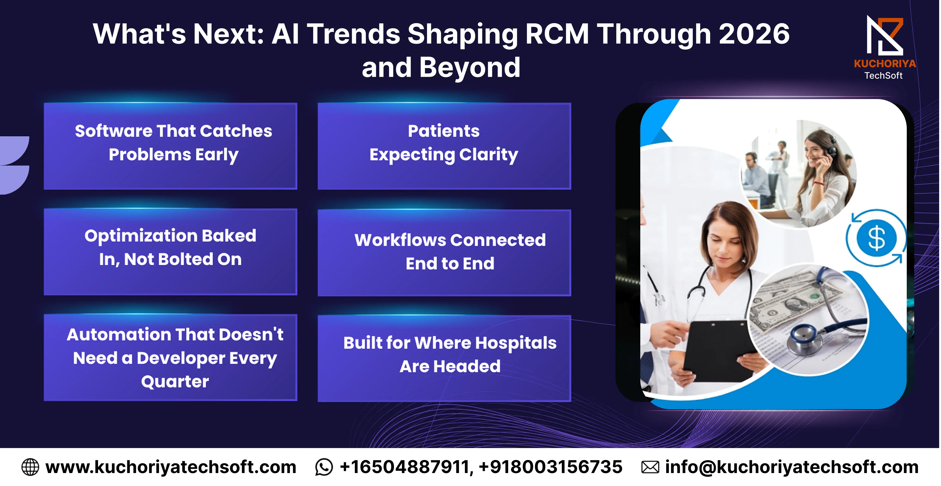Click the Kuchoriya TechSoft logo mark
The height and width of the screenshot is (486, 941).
click(x=885, y=35)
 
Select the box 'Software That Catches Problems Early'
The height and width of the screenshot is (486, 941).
click(x=170, y=146)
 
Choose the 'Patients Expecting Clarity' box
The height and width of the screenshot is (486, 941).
click(x=444, y=146)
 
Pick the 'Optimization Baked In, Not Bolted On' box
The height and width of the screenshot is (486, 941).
click(x=170, y=252)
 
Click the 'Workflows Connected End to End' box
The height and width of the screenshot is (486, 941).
click(x=444, y=252)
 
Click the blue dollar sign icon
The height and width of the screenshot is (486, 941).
click(x=876, y=238)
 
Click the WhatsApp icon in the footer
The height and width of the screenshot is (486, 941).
click(x=324, y=467)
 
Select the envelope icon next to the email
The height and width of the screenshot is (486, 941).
click(x=650, y=467)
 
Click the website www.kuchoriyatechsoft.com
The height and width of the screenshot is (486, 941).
click(x=170, y=467)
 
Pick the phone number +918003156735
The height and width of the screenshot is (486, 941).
click(x=551, y=467)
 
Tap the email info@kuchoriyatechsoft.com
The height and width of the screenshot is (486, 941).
click(x=792, y=467)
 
